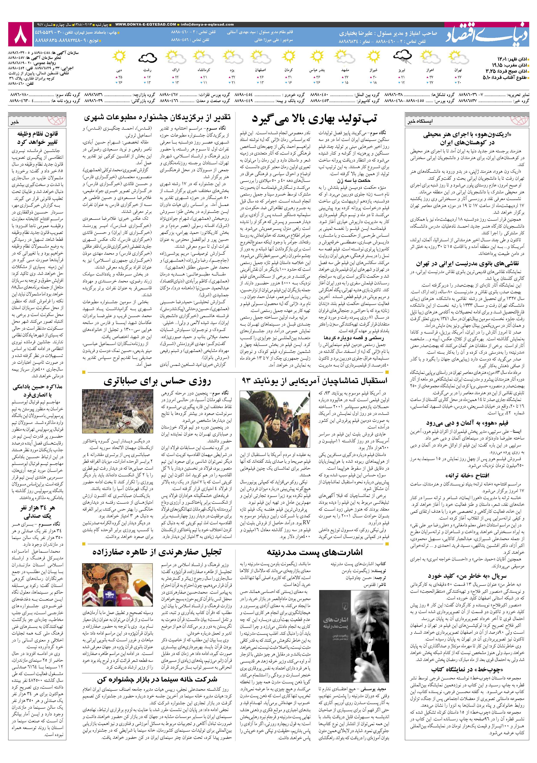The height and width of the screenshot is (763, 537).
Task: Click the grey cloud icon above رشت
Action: coord(147,58)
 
